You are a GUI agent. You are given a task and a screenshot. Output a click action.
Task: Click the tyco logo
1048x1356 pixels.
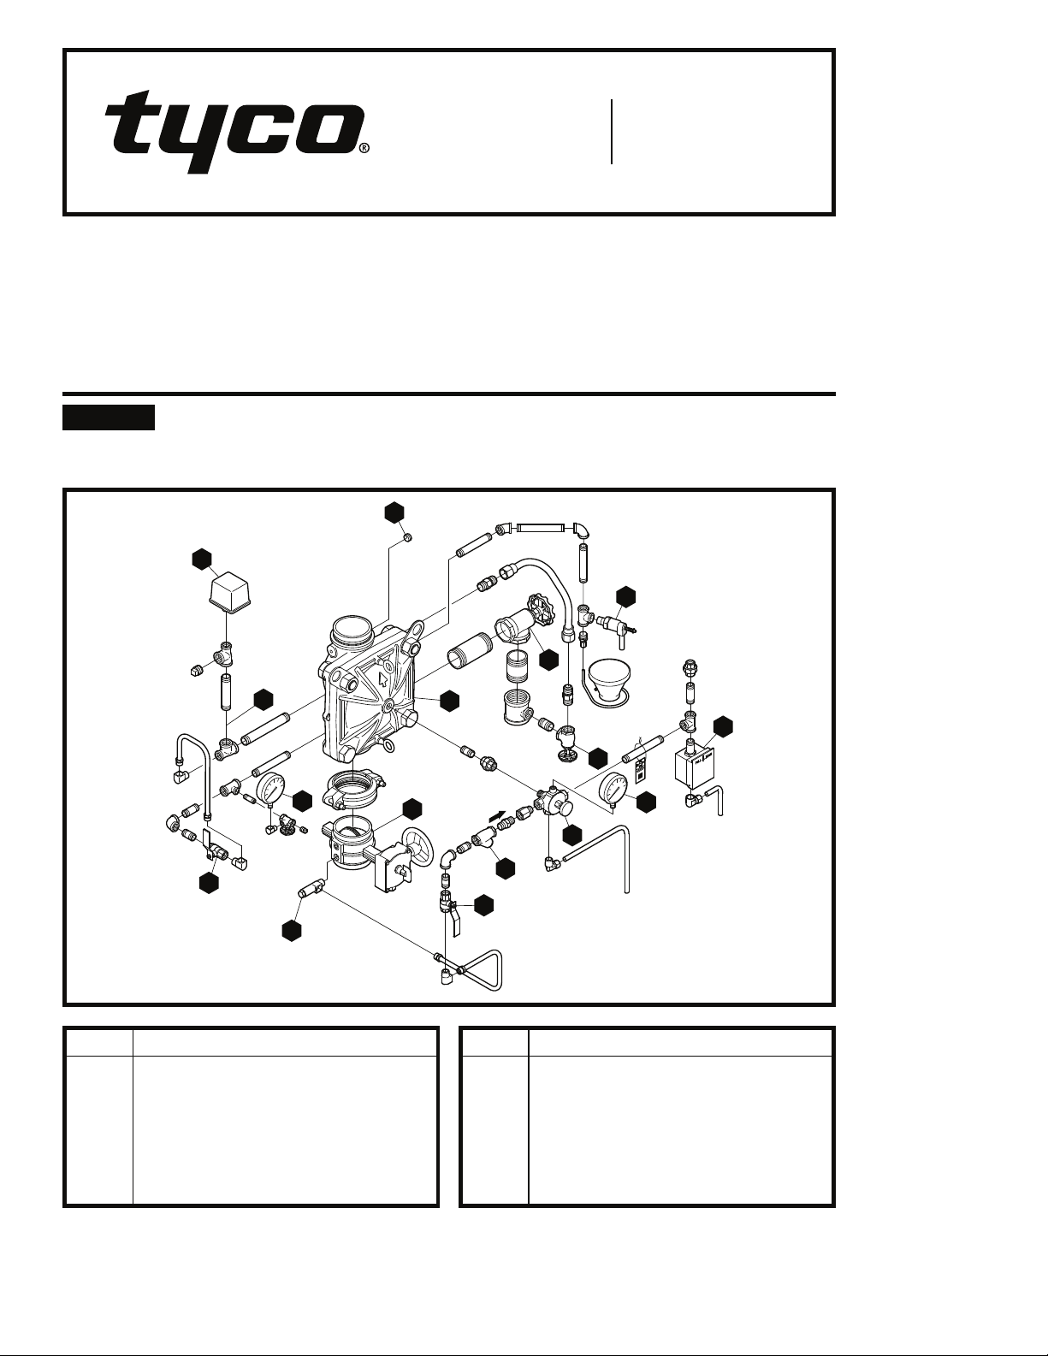point(232,133)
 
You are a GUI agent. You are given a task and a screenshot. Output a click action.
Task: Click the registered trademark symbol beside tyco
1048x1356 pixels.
point(364,147)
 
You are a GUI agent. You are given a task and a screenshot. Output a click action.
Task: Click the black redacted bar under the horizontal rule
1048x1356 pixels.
point(109,418)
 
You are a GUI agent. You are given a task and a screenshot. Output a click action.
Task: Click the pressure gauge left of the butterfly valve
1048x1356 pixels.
point(271,788)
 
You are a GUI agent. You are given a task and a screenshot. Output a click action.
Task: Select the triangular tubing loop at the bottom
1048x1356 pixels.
point(481,969)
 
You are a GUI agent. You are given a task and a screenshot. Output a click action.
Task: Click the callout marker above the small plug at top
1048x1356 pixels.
point(394,512)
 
